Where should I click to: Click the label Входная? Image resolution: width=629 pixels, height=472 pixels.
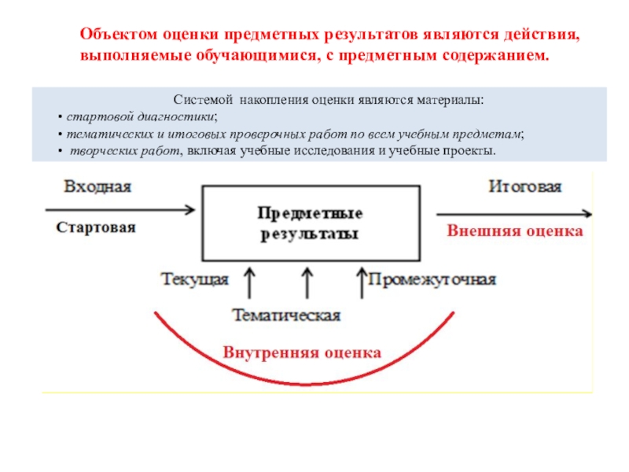(97, 187)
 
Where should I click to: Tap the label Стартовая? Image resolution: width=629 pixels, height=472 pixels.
(96, 227)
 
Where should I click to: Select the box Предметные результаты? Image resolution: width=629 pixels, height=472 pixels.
(311, 223)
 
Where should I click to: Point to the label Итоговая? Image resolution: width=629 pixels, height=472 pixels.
(525, 187)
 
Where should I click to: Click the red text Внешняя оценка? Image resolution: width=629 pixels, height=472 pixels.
(515, 231)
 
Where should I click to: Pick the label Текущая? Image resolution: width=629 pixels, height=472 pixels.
(195, 279)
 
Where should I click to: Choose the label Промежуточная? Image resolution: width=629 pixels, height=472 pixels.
(432, 279)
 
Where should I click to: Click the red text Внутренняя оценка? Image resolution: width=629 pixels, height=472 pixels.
(302, 352)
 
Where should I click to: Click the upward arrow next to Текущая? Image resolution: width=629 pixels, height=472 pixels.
(249, 282)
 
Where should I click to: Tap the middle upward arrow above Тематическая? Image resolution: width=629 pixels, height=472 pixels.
(307, 282)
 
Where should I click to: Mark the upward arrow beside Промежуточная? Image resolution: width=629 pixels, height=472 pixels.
(361, 282)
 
